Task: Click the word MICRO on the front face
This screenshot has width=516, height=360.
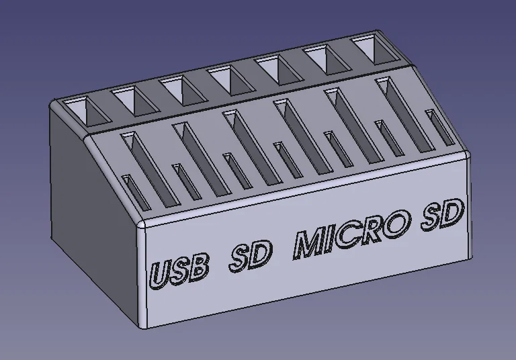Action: [x=351, y=234]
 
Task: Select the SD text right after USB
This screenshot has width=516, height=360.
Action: [x=252, y=256]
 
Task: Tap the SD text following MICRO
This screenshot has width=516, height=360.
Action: [x=442, y=216]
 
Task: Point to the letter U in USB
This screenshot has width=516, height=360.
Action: [x=160, y=275]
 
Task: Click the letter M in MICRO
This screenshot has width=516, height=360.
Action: [x=310, y=244]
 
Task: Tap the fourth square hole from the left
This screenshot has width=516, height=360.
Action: [x=228, y=79]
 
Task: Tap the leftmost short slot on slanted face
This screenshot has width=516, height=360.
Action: [x=136, y=192]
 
